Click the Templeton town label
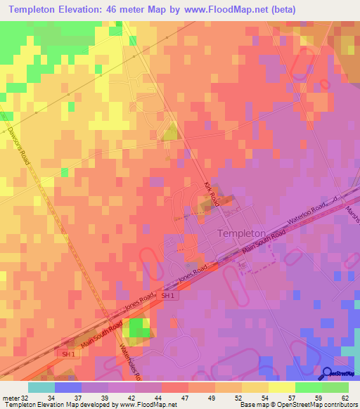click(x=242, y=233)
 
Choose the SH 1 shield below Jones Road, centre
click(x=167, y=297)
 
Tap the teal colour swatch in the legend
click(x=41, y=387)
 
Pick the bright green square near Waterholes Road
click(x=139, y=327)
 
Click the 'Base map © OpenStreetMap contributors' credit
click(x=298, y=405)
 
